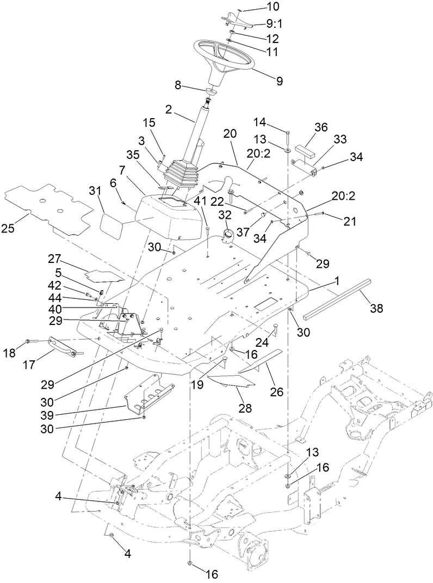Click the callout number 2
point(169,109)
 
